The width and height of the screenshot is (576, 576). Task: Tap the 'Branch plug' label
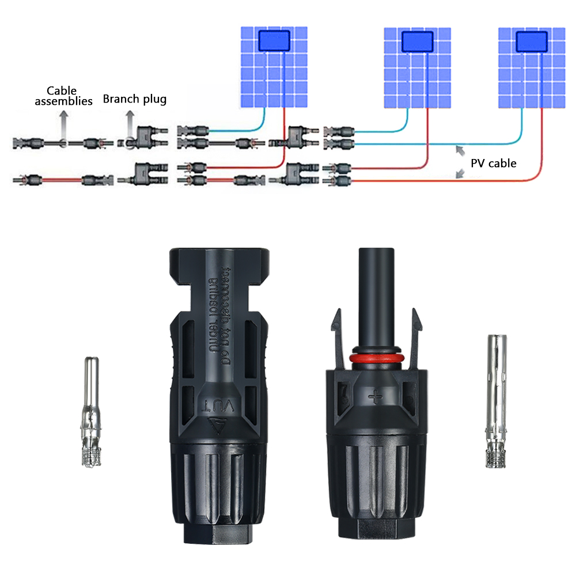point(135,99)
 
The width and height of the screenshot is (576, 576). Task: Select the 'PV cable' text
point(493,163)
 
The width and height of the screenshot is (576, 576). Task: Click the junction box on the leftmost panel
point(275,41)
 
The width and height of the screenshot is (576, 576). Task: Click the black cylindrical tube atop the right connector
point(377,294)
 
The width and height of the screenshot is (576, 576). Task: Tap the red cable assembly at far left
point(57,180)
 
